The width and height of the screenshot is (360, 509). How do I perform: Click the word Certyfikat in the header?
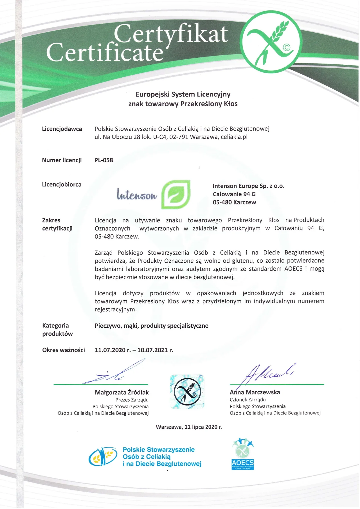[170, 34]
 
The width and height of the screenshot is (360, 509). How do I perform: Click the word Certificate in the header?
[105, 53]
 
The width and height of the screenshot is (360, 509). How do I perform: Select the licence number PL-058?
[104, 160]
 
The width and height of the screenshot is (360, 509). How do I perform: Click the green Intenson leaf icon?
[176, 195]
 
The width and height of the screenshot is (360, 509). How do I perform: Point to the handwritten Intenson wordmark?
[137, 194]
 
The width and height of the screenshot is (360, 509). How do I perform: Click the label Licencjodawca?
[62, 129]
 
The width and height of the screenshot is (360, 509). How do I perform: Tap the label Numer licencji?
[62, 160]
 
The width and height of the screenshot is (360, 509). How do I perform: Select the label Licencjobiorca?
[62, 185]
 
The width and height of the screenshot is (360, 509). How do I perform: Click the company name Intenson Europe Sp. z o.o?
[248, 186]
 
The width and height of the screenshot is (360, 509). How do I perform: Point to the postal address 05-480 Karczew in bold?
[234, 202]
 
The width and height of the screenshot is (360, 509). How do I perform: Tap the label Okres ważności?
[64, 350]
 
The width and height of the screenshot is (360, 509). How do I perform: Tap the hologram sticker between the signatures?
[187, 391]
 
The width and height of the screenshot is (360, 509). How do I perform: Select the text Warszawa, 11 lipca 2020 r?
[189, 427]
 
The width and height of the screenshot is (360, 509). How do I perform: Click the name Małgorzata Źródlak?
[122, 392]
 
